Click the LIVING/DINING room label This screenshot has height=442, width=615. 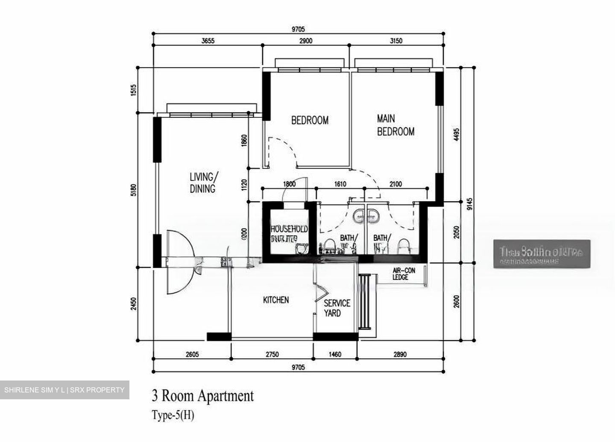[203, 183]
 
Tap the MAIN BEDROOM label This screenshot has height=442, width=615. [395, 125]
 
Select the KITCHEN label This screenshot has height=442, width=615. [275, 300]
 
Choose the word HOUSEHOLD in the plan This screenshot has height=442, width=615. [289, 229]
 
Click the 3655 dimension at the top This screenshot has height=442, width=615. [208, 41]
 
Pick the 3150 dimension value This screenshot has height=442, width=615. [396, 41]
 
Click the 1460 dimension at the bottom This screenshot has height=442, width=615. [335, 354]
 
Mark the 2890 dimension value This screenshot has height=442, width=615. [400, 354]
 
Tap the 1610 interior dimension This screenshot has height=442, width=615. [340, 184]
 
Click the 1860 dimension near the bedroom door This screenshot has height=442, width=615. [244, 141]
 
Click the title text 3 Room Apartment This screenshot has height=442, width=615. [203, 396]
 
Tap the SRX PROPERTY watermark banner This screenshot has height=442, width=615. [64, 390]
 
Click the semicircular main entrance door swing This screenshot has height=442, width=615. [176, 261]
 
